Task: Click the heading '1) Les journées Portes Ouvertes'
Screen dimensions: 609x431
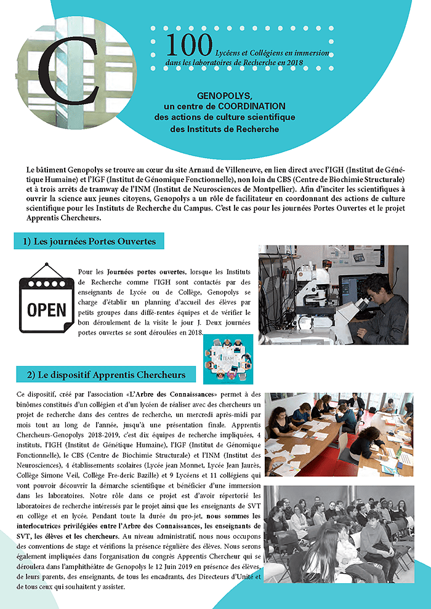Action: (89, 241)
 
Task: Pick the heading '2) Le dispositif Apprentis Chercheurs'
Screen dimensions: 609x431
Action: (106, 374)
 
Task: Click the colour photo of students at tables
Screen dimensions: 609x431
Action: (338, 434)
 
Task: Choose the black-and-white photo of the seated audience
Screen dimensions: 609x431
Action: (338, 533)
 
